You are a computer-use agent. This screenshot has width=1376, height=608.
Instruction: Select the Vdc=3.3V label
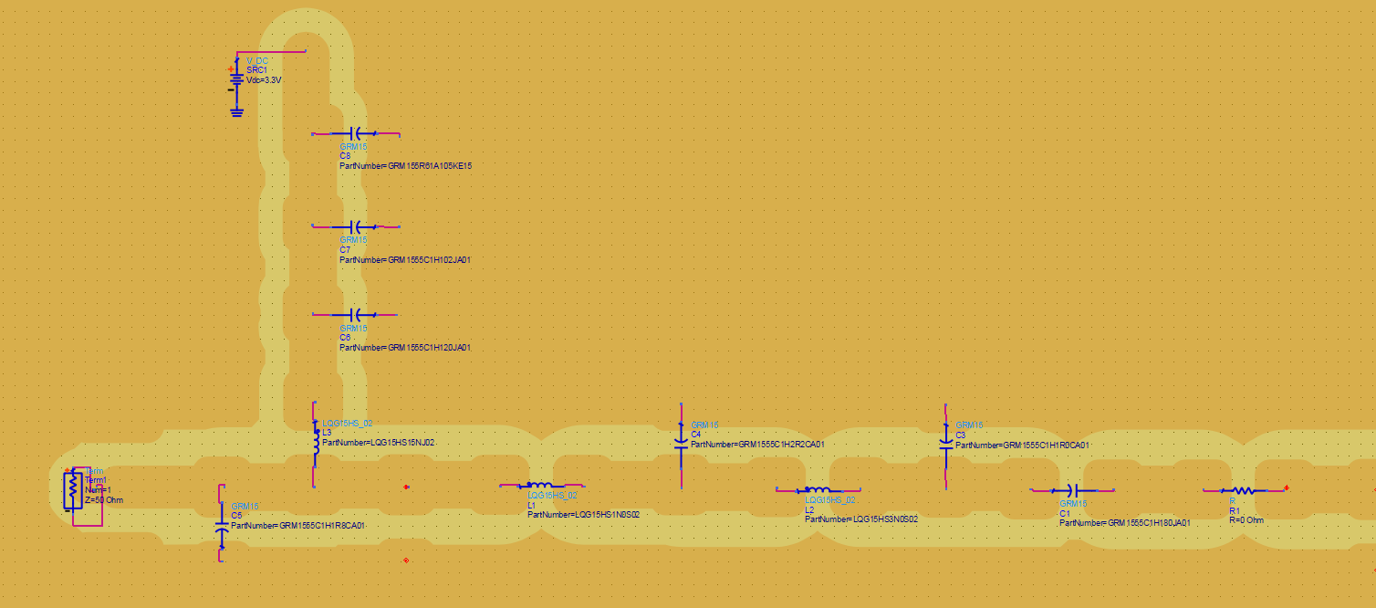click(x=264, y=80)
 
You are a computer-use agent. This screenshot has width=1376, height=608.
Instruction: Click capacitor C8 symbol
click(x=357, y=133)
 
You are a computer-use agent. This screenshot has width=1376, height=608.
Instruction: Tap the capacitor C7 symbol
click(x=357, y=225)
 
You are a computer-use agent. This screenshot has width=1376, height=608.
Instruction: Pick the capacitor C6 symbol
click(x=357, y=314)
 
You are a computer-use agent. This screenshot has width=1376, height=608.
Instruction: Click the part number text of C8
click(x=405, y=166)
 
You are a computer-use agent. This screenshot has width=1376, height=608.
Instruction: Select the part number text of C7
click(x=405, y=260)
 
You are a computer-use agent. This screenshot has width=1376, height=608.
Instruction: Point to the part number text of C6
click(x=405, y=348)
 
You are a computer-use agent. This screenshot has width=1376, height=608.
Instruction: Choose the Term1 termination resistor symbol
click(x=72, y=490)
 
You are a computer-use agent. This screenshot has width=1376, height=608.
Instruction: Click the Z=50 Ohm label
click(x=103, y=500)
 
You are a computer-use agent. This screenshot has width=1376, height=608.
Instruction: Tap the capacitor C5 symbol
click(x=221, y=528)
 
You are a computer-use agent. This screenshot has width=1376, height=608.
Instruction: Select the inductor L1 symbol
click(x=540, y=486)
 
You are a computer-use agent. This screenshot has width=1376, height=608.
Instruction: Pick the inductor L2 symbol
click(x=818, y=490)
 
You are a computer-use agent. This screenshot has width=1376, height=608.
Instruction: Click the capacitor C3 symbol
click(x=945, y=444)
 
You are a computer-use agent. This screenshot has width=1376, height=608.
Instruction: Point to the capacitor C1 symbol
click(x=1073, y=491)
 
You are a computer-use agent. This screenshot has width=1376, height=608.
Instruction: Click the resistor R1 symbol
click(x=1244, y=490)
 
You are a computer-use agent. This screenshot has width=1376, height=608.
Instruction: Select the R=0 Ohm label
click(x=1246, y=520)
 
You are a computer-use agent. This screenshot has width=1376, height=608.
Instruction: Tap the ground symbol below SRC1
click(x=236, y=111)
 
